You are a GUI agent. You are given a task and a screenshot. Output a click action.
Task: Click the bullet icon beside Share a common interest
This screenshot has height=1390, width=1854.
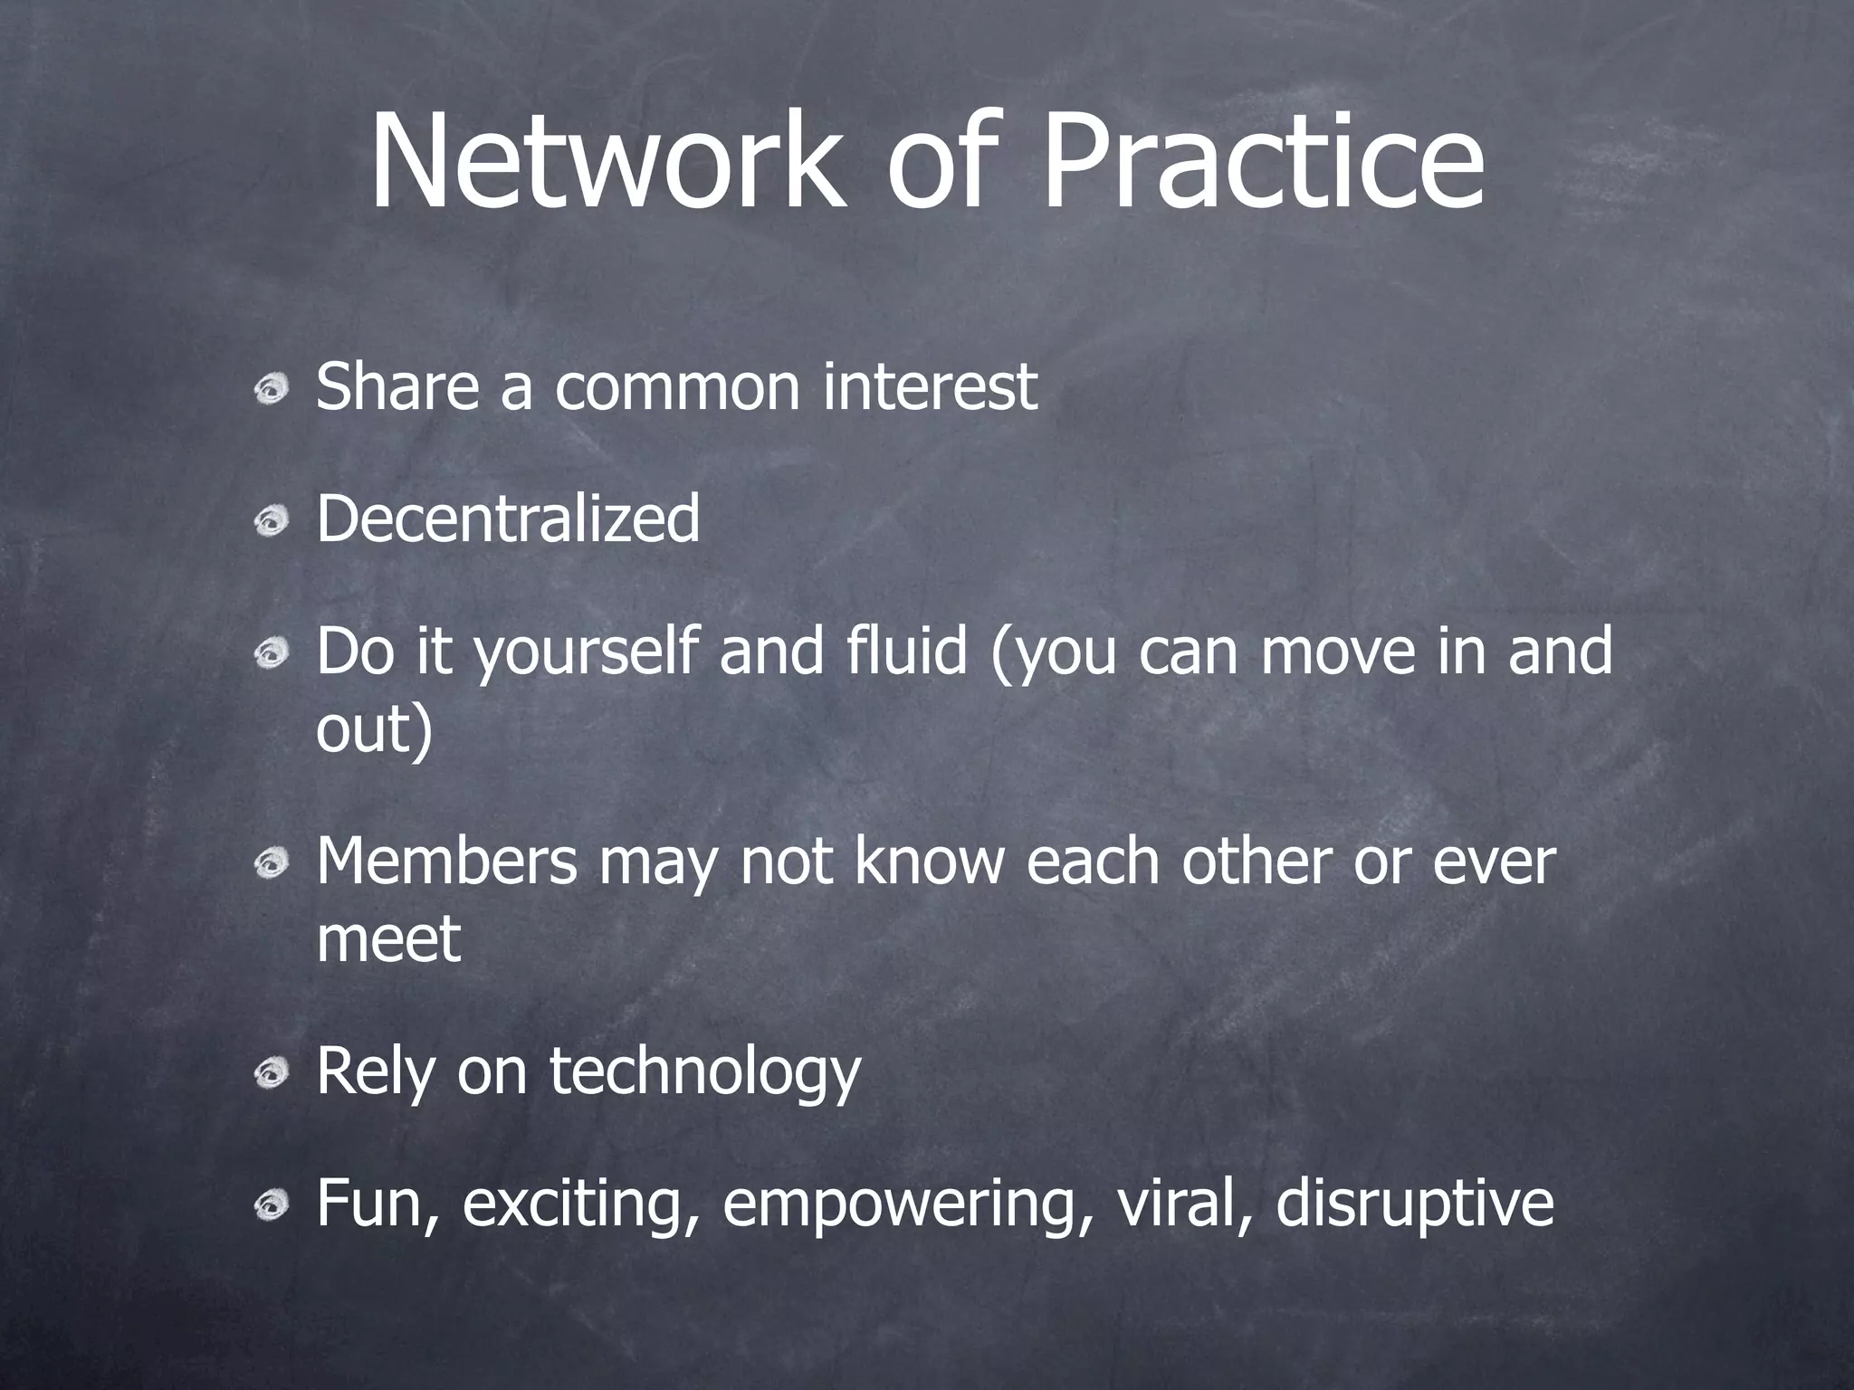click(x=271, y=390)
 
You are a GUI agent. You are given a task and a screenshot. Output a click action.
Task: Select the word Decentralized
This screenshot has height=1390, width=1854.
click(x=508, y=519)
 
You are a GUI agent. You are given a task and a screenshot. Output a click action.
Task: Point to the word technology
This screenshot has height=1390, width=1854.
click(x=704, y=1072)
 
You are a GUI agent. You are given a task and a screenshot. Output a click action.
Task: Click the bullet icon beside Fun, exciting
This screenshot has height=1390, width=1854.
click(x=271, y=1206)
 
